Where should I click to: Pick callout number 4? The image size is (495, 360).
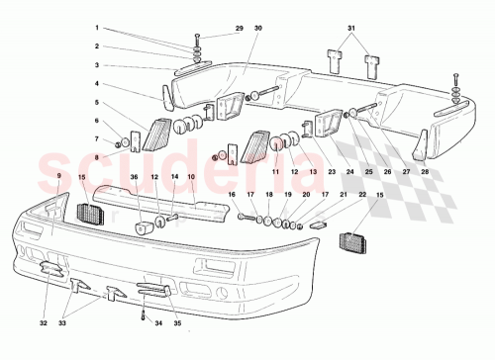(x=126, y=84)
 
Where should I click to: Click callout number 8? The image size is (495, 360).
(x=126, y=156)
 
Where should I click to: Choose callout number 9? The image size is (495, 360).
(x=59, y=175)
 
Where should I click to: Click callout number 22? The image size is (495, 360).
(x=335, y=195)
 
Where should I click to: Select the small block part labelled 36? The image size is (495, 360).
(x=142, y=228)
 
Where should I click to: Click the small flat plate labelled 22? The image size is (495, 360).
(x=319, y=224)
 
